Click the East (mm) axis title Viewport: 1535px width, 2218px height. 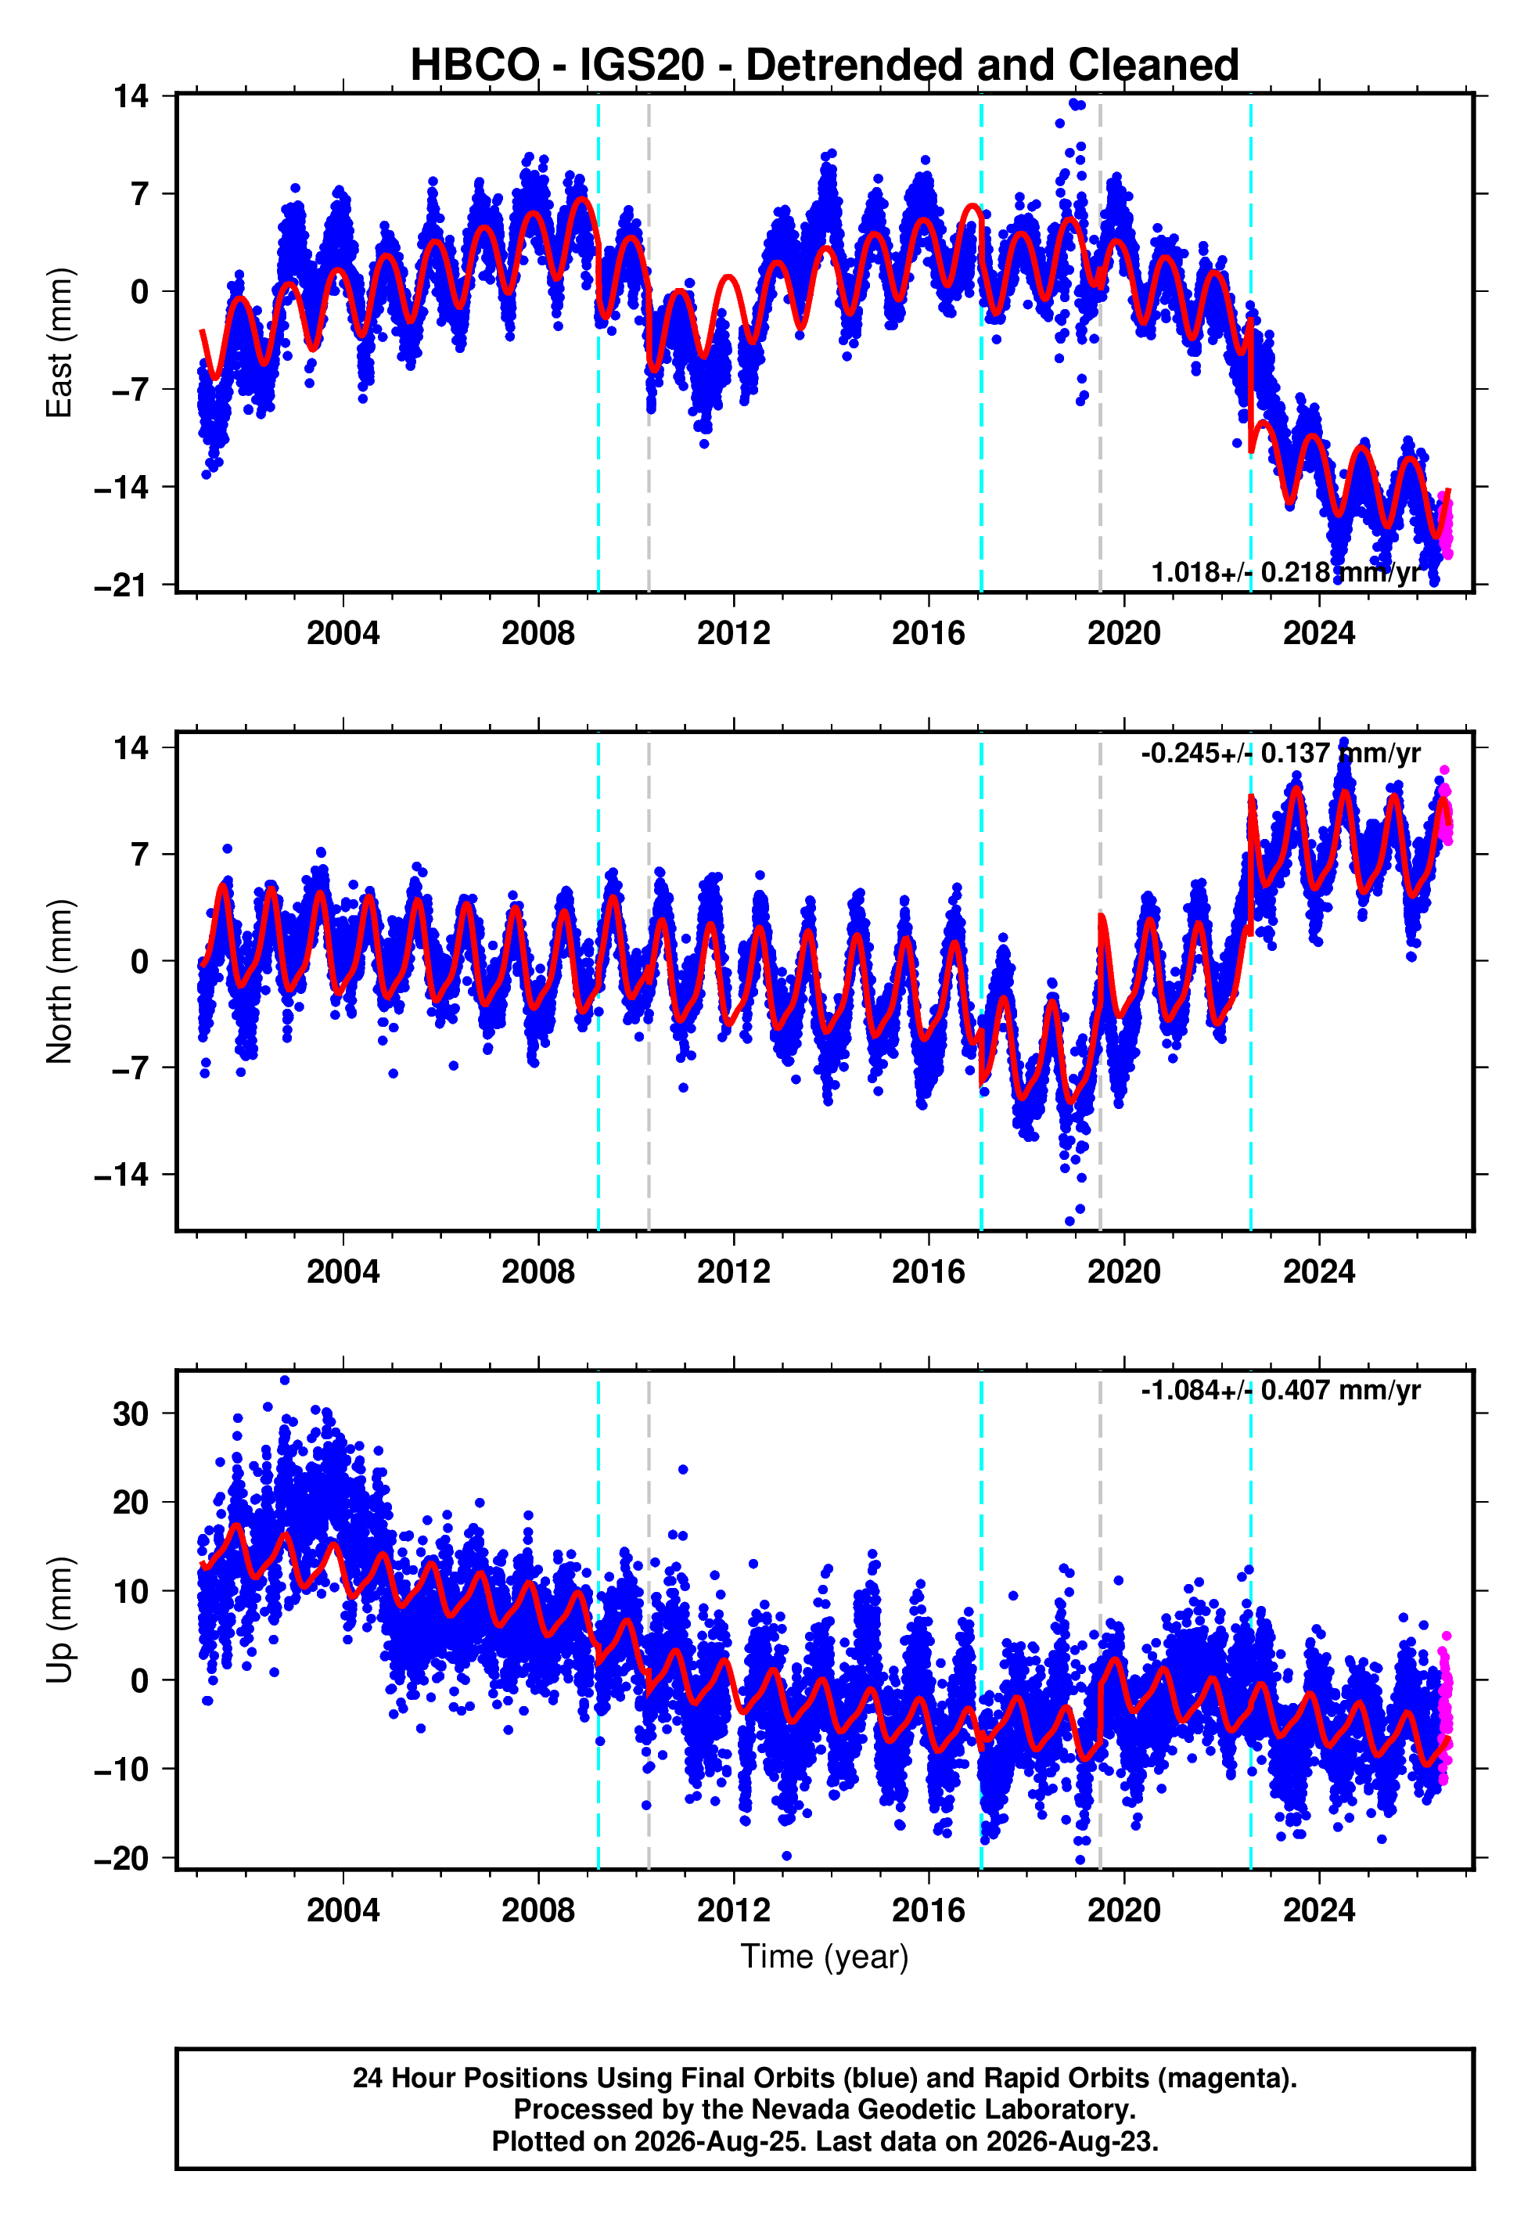pyautogui.click(x=59, y=344)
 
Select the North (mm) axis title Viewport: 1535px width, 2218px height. pyautogui.click(x=59, y=981)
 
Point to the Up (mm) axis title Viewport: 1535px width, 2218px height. pyautogui.click(x=59, y=1621)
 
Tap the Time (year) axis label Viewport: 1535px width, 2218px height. pyautogui.click(x=825, y=1957)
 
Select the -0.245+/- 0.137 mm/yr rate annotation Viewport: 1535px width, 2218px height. pyautogui.click(x=1280, y=753)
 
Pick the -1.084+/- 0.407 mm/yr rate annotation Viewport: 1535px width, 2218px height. pyautogui.click(x=1280, y=1391)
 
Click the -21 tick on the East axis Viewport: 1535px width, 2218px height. pyautogui.click(x=121, y=585)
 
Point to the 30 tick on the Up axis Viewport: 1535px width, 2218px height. pyautogui.click(x=131, y=1414)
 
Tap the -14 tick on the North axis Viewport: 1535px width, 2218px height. pyautogui.click(x=121, y=1175)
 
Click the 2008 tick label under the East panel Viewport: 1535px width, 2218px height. pyautogui.click(x=538, y=633)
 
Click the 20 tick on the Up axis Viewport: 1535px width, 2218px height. pyautogui.click(x=131, y=1503)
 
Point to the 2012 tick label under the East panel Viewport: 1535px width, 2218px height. pyautogui.click(x=734, y=633)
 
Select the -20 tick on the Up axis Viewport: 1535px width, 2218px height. pyautogui.click(x=121, y=1858)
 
